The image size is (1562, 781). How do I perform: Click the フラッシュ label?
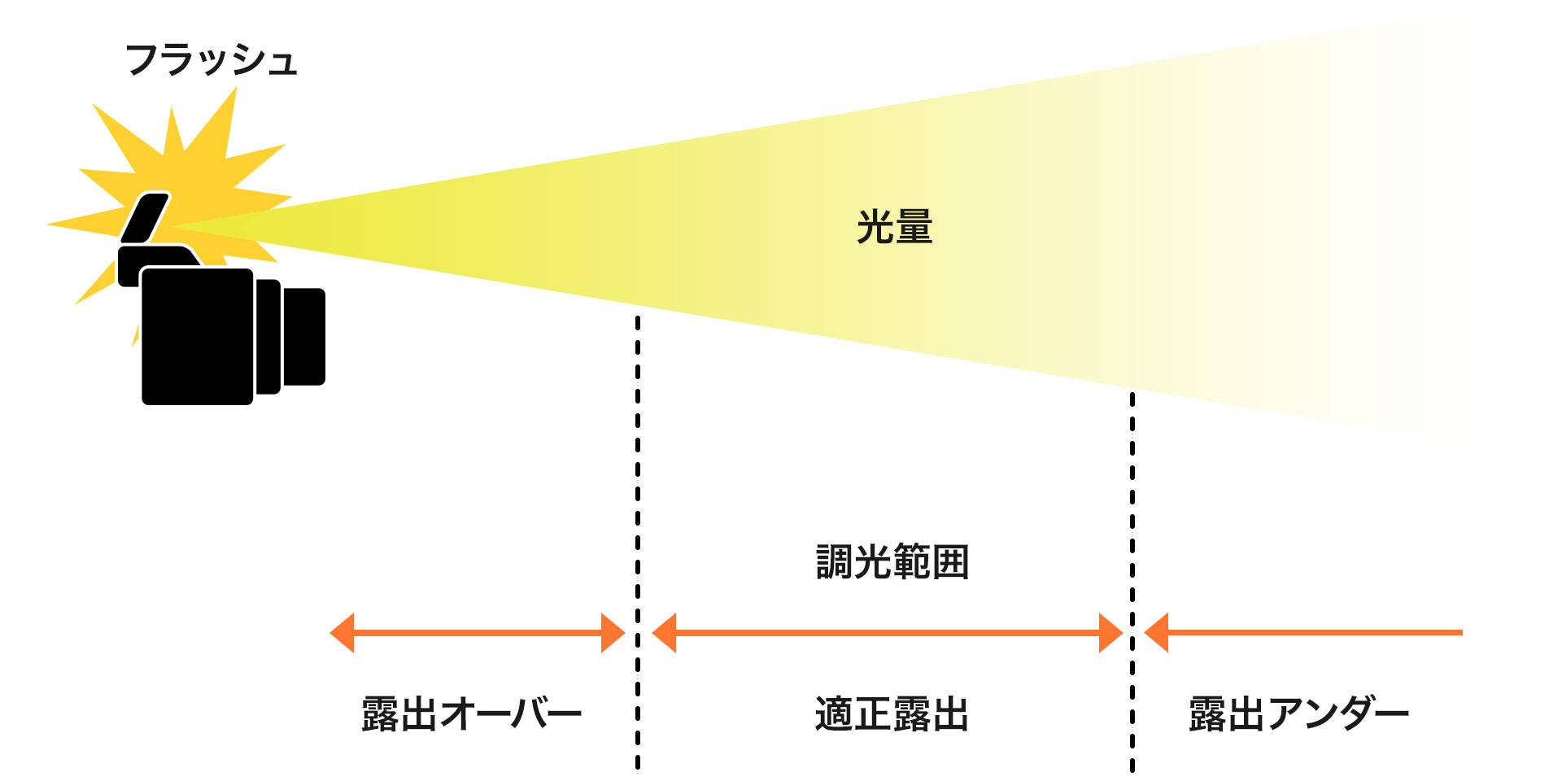212,60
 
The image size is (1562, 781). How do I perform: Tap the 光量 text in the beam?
894,226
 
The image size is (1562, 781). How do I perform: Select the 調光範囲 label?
892,562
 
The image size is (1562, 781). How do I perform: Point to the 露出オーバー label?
472,713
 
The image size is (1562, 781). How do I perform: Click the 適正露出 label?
892,713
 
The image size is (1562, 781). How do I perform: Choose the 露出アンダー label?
1299,713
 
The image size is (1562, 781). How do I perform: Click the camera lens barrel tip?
304,336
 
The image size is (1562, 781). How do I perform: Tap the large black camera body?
198,336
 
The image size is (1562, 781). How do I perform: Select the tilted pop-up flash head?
146,217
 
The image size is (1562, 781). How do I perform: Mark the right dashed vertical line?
1132,582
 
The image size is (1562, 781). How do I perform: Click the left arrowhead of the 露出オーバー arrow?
342,632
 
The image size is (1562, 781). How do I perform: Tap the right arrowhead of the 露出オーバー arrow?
613,632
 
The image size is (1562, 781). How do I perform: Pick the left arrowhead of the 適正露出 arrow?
664,632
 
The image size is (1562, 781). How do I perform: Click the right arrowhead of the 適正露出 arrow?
1111,632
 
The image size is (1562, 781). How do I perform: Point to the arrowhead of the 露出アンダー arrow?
1156,632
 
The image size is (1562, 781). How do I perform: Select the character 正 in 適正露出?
873,713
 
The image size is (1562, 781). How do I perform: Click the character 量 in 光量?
914,226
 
